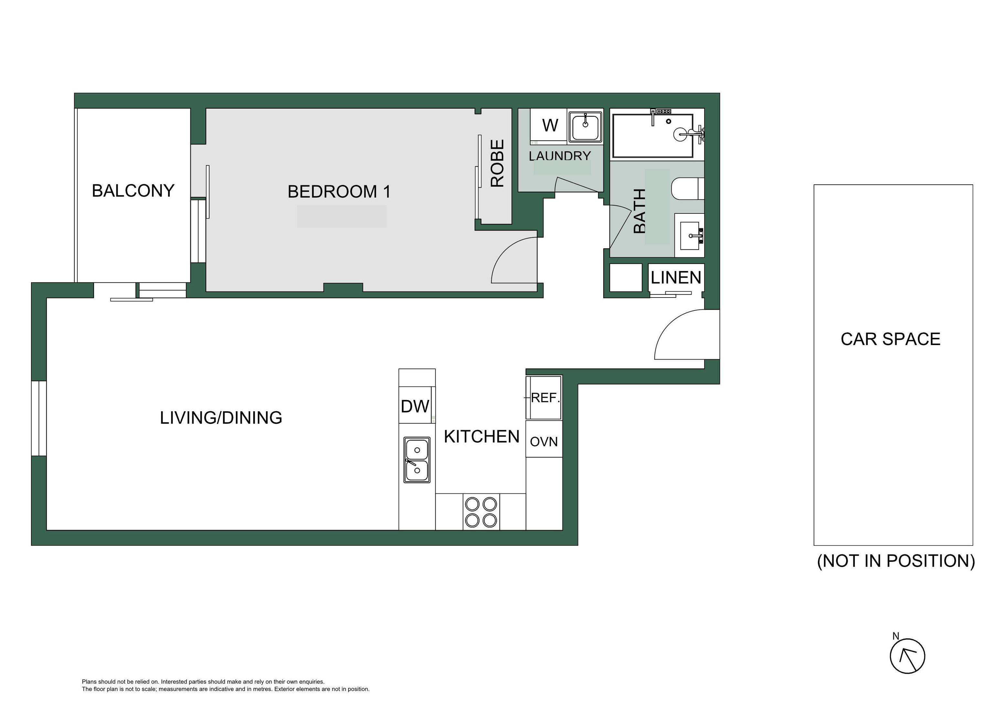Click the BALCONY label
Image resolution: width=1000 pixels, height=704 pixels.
133,191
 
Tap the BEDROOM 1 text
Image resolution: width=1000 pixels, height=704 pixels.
339,192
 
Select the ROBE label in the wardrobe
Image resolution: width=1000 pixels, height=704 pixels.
497,163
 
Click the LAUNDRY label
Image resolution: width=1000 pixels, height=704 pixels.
560,156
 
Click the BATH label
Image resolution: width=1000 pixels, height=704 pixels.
640,211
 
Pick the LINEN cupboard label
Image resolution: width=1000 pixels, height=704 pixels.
676,277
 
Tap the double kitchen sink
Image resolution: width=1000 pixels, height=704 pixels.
417,460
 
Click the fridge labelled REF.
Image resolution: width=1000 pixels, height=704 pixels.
544,397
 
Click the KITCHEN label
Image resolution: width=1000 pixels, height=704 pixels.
482,437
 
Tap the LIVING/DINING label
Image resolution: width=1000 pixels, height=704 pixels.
221,418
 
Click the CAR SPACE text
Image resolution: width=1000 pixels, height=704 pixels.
891,339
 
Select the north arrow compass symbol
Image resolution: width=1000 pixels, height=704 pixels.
907,655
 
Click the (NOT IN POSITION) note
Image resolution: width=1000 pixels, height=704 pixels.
896,561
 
